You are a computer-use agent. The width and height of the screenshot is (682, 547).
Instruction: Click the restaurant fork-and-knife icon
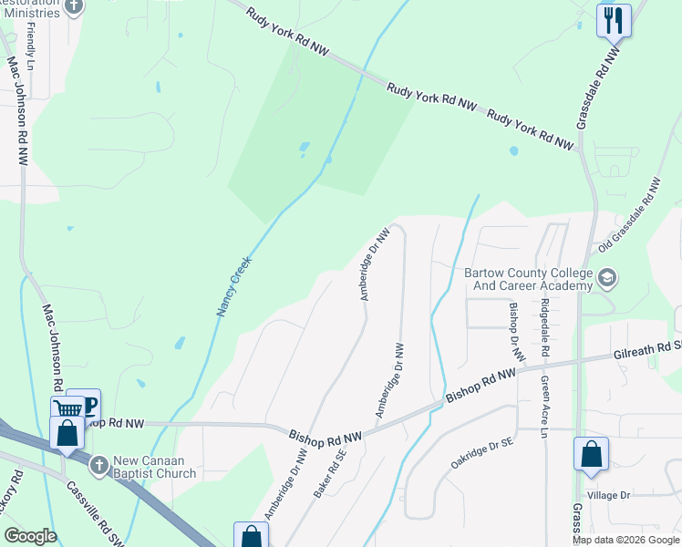click(613, 19)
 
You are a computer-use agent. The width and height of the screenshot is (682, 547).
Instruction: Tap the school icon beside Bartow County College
click(606, 276)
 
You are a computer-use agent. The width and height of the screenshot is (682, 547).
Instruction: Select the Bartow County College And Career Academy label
click(527, 279)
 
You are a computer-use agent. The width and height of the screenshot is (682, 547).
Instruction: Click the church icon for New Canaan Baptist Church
click(99, 466)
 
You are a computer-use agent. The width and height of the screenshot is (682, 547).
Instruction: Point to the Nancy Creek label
click(234, 286)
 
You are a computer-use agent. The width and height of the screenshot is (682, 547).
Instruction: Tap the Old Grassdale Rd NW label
click(629, 215)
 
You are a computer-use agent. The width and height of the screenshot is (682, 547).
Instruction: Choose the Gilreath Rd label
click(646, 349)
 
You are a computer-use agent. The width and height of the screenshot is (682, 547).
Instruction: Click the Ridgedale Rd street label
click(545, 326)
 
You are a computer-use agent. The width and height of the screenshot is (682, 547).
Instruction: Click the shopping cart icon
click(67, 409)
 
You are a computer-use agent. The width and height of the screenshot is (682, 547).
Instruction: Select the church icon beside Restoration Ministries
click(75, 6)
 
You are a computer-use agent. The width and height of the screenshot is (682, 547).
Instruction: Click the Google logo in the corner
click(30, 536)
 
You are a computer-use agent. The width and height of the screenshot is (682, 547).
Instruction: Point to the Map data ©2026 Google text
click(625, 540)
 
